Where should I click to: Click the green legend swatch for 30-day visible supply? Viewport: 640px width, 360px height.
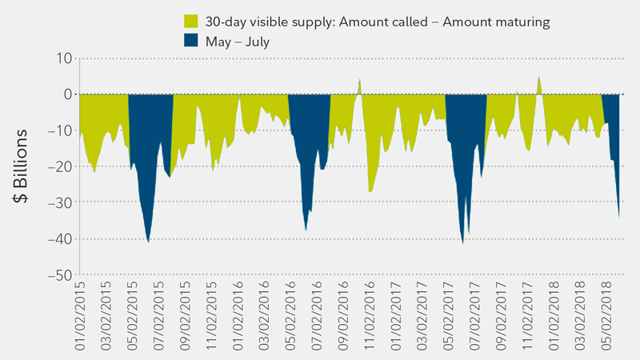190,22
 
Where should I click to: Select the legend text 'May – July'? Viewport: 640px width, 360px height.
237,42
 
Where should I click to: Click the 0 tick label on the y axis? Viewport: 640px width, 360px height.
67,94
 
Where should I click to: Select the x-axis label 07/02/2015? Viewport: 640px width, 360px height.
159,316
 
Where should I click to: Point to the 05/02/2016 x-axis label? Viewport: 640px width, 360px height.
290,316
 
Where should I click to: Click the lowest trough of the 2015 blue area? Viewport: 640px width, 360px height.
148,241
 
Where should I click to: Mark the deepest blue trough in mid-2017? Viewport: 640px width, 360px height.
462,242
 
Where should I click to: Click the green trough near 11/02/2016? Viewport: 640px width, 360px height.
370,190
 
